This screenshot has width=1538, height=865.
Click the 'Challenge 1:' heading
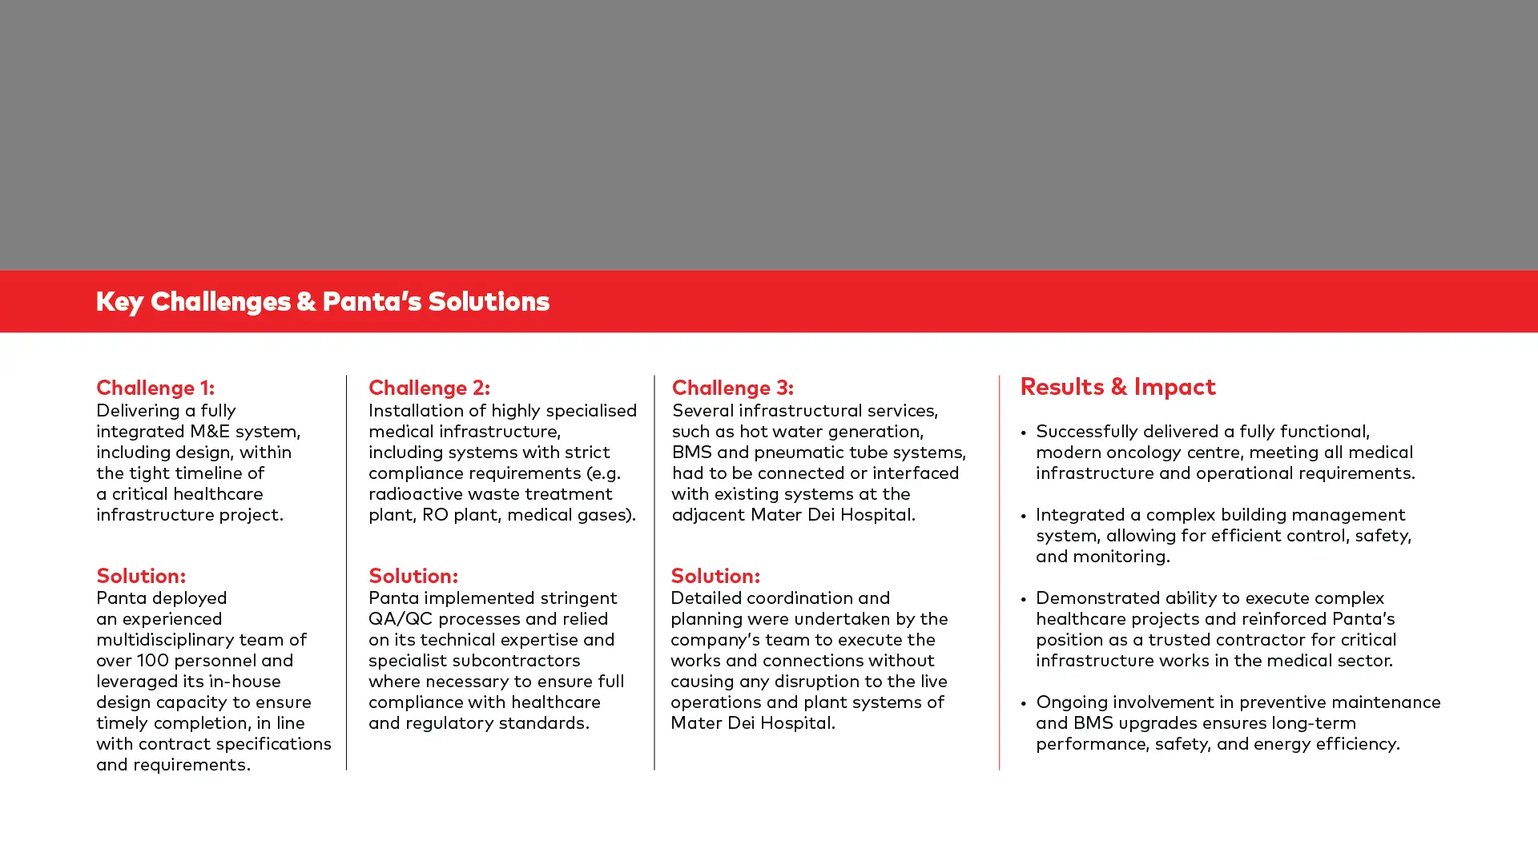155,388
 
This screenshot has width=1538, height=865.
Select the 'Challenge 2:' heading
429,388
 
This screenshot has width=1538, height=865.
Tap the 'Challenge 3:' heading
732,388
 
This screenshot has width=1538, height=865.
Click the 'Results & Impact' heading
1117,387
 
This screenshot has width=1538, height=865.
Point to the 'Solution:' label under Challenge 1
141,576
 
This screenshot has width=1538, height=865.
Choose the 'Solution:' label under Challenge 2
413,576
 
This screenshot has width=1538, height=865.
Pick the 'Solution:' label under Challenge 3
715,576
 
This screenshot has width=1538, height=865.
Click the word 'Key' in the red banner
120,302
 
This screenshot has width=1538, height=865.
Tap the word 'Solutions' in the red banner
489,301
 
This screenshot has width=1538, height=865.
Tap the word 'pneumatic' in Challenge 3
794,453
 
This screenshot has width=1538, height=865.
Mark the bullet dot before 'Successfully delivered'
1024,432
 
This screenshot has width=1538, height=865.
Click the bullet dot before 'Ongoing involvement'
1024,703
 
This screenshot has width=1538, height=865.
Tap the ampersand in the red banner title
306,302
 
